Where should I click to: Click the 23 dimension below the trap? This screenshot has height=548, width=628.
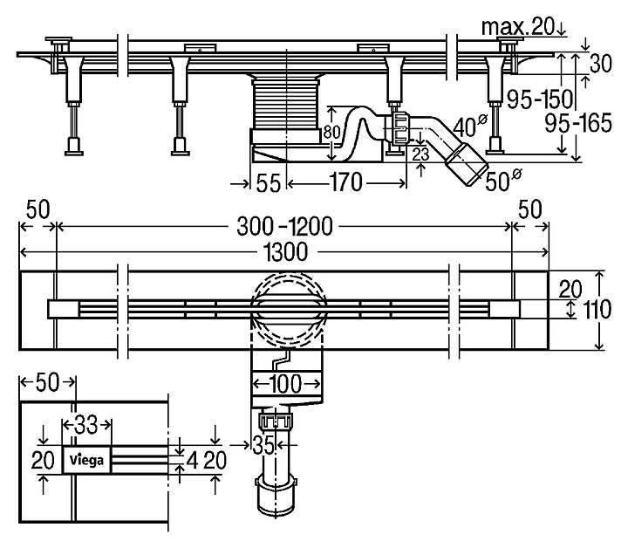[421, 154]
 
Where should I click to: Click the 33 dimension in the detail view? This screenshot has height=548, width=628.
[85, 425]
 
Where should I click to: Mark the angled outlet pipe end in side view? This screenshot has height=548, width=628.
[466, 163]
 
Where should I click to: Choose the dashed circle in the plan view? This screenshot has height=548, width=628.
[287, 310]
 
